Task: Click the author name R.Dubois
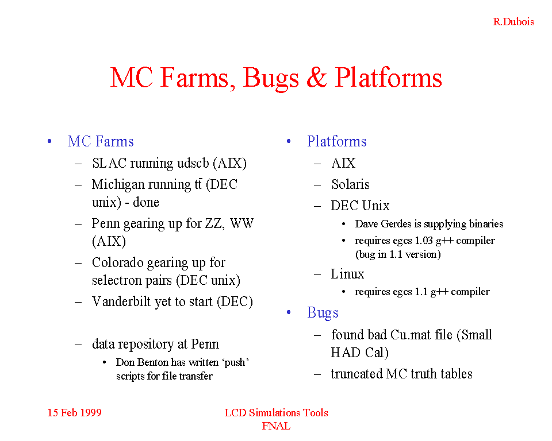tap(513, 22)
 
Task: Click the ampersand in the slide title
tap(316, 78)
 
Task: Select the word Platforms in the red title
tap(388, 78)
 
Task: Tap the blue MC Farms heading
tap(101, 141)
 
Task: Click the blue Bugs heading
tap(323, 313)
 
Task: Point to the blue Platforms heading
tap(336, 141)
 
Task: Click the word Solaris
tap(350, 184)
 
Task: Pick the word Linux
tap(347, 273)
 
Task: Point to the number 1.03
tap(424, 241)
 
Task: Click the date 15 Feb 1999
tap(74, 412)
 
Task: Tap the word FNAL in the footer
tap(276, 426)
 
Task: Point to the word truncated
tap(356, 374)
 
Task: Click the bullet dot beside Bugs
tap(289, 312)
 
